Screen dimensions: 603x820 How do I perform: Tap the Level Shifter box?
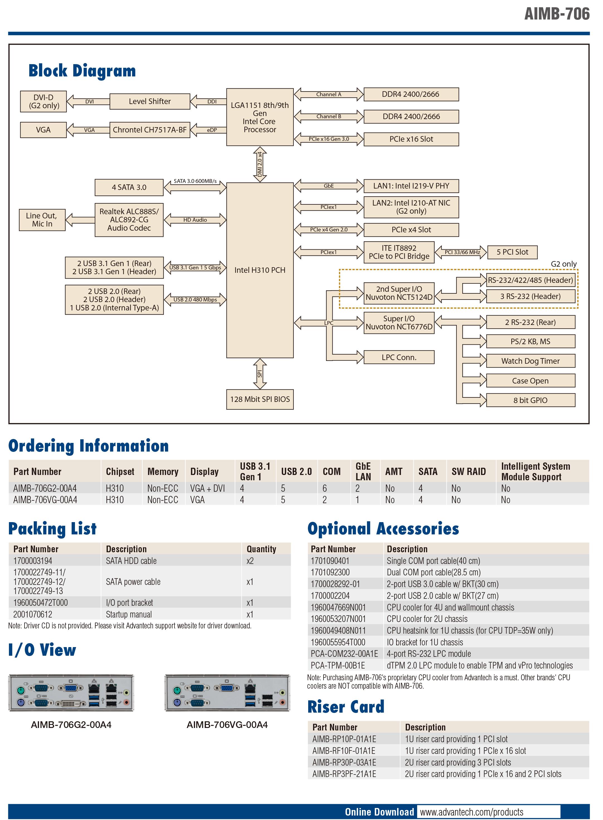[x=150, y=101]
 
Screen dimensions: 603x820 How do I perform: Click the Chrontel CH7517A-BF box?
[x=150, y=130]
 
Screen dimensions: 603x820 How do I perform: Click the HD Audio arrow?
[x=195, y=220]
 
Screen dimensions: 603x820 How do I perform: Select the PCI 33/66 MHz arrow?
[x=461, y=252]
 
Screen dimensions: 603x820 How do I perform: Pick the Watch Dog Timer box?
[x=530, y=361]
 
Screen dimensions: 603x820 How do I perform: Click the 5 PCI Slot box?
[x=512, y=252]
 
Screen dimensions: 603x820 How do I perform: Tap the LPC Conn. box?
[x=399, y=357]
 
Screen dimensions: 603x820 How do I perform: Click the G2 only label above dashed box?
[x=564, y=264]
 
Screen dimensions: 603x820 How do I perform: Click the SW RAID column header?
[x=468, y=472]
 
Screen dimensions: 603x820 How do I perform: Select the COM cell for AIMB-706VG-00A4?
[x=325, y=500]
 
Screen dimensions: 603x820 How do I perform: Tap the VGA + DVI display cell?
[x=207, y=488]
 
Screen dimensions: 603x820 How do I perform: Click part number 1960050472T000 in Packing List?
[x=40, y=603]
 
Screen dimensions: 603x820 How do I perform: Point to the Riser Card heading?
[x=346, y=706]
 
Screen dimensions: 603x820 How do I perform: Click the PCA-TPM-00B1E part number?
[x=338, y=665]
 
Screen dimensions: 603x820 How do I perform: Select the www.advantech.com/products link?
[x=471, y=812]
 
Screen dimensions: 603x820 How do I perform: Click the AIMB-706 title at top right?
[x=557, y=14]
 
